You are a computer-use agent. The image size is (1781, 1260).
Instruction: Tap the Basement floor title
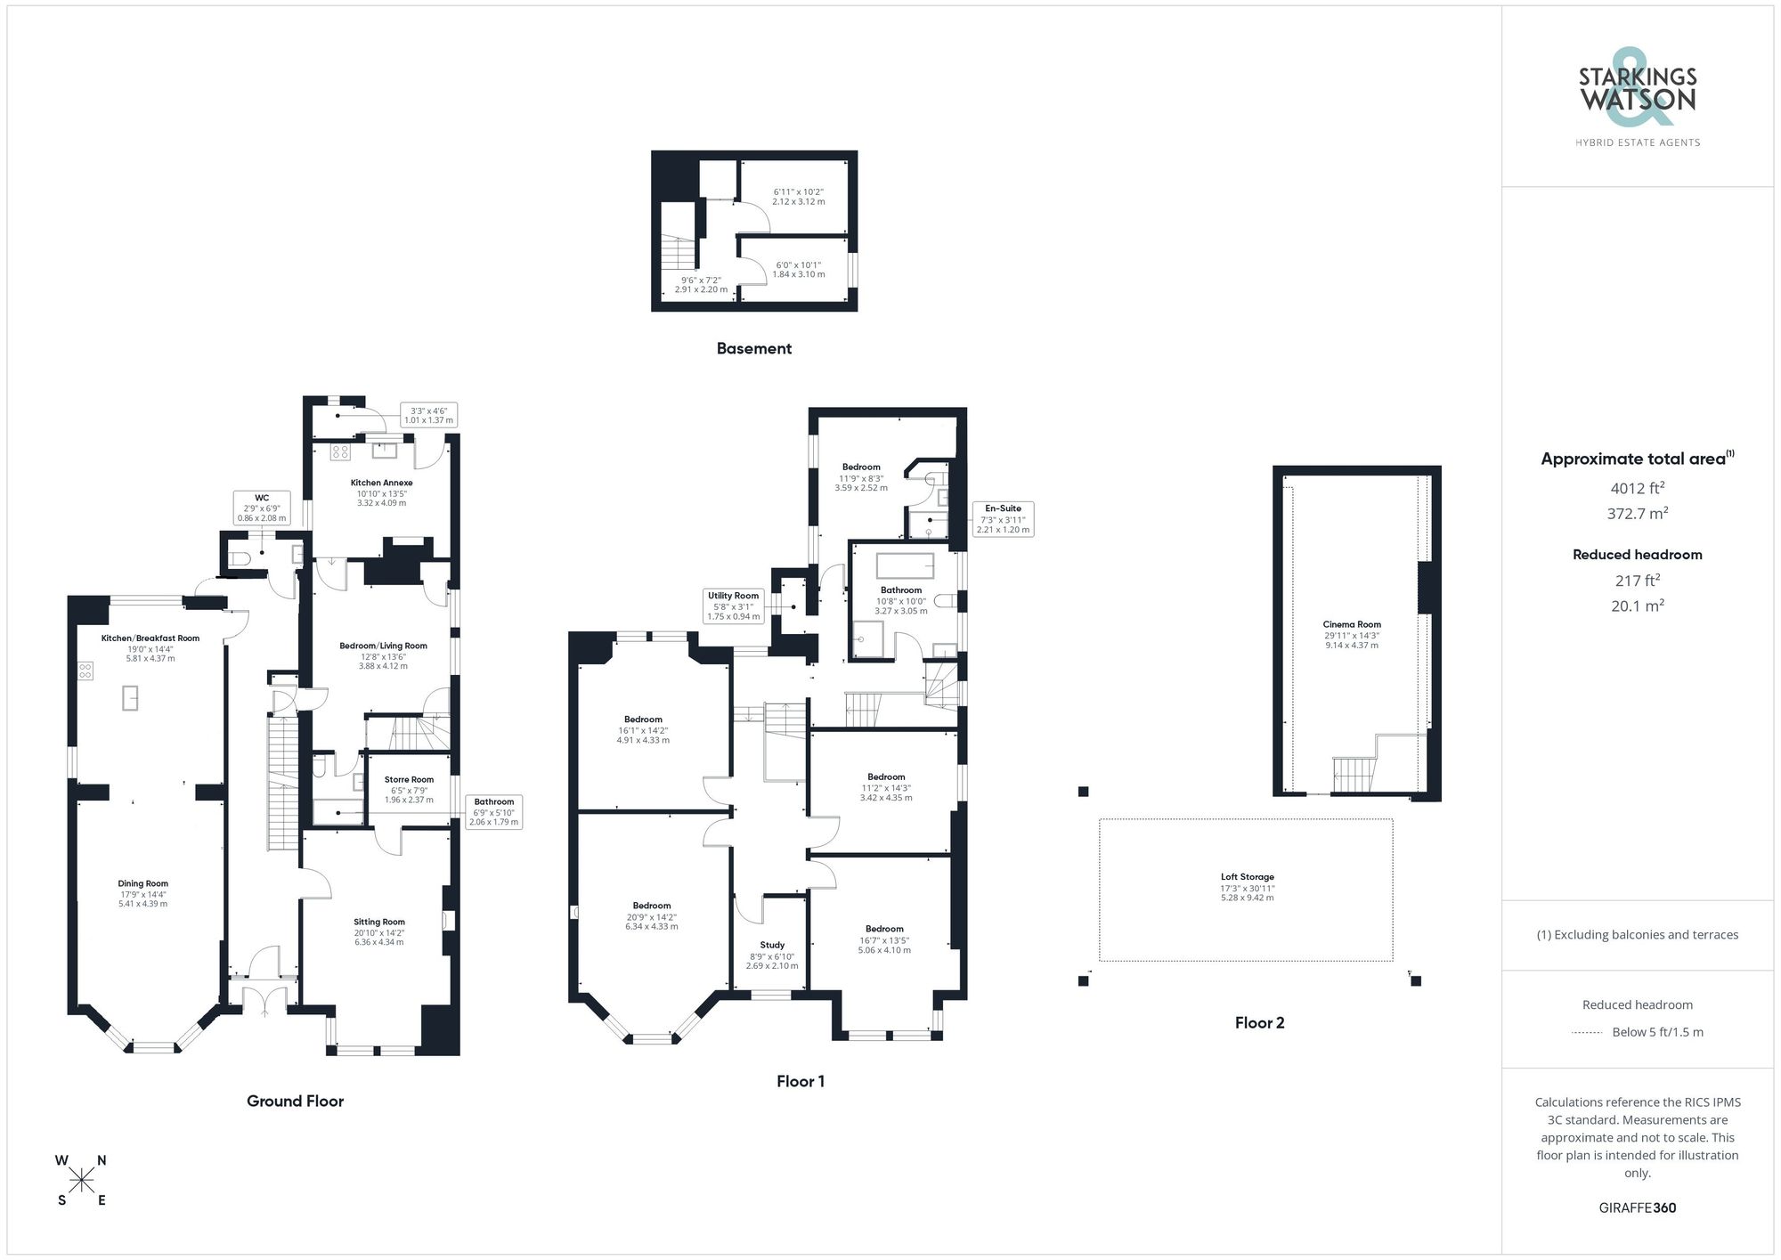(x=753, y=348)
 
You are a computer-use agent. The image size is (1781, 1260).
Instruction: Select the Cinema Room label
(x=1351, y=625)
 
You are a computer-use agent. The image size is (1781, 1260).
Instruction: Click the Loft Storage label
(x=1247, y=877)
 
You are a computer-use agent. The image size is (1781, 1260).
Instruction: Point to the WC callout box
(x=261, y=508)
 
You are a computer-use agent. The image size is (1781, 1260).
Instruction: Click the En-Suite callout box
(x=1003, y=518)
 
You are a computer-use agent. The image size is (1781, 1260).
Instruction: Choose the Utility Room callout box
(x=733, y=606)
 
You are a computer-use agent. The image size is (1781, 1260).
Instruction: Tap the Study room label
(x=771, y=945)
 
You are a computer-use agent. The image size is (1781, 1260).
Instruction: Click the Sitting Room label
(x=378, y=923)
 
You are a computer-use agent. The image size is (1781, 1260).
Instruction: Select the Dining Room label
(x=142, y=884)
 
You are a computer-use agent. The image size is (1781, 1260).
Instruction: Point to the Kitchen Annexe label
(x=381, y=483)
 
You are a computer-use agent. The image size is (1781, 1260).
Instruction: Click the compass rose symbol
(x=82, y=1181)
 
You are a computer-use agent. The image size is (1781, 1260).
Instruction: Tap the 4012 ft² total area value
(x=1637, y=488)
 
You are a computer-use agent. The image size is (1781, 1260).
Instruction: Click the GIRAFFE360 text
(x=1637, y=1207)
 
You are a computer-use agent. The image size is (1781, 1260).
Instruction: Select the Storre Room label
(x=409, y=780)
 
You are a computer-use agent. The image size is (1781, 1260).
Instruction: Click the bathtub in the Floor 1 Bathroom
(x=905, y=565)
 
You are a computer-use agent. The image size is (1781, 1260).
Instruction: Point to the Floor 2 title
(x=1259, y=1023)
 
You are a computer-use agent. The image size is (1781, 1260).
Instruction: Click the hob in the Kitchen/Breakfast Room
(x=85, y=671)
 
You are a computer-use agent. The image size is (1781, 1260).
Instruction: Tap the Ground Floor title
(x=295, y=1101)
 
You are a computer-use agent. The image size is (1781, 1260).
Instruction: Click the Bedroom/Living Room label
(x=383, y=646)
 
